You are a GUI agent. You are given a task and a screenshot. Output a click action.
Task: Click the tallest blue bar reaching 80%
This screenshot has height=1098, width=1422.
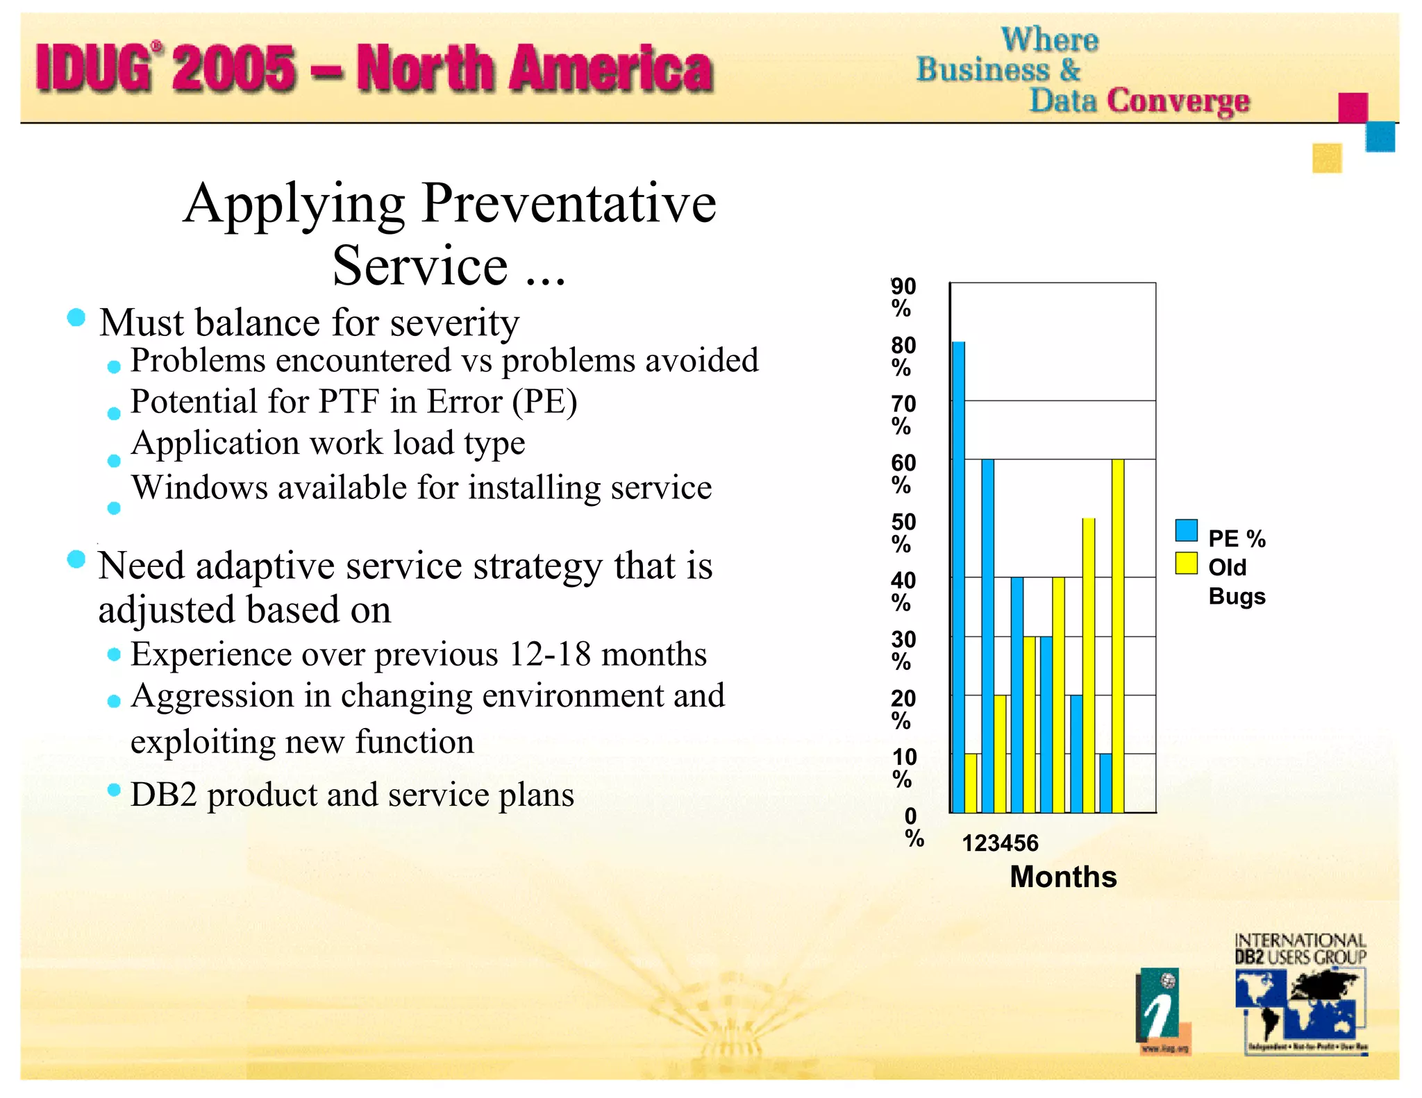tap(958, 576)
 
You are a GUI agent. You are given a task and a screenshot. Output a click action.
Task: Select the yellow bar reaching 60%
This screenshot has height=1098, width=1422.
tap(1118, 635)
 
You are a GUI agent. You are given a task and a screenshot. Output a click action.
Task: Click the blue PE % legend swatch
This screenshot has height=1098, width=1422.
tap(1186, 530)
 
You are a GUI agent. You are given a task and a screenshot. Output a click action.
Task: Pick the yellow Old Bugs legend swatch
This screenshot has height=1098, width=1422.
tap(1186, 563)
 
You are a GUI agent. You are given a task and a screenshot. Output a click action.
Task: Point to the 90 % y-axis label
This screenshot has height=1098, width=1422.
tap(903, 296)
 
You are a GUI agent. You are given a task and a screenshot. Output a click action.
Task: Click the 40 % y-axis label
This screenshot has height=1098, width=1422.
tap(903, 591)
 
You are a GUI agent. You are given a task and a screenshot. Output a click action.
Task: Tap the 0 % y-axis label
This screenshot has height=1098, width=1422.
tap(913, 827)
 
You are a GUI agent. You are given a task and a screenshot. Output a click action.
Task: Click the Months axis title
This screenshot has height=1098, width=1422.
tap(1062, 877)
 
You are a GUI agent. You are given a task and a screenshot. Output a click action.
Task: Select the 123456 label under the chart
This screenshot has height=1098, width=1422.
tap(999, 843)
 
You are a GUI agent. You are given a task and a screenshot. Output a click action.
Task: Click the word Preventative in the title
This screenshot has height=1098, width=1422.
tap(569, 203)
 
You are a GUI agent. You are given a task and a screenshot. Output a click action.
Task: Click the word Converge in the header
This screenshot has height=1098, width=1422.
tap(1178, 101)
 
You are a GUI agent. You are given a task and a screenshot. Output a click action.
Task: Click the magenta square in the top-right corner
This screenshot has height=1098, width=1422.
tap(1352, 108)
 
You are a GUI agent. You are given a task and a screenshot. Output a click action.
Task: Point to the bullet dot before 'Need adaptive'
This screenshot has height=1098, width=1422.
tap(76, 559)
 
